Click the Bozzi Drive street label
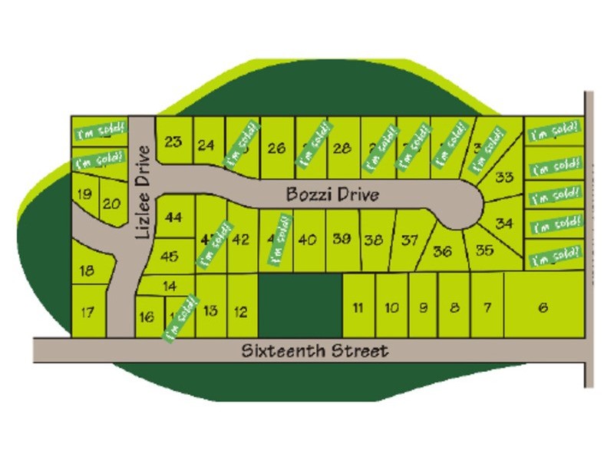(x=332, y=194)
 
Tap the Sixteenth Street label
(x=315, y=351)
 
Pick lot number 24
(x=206, y=144)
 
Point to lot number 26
(x=276, y=148)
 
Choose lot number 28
(x=343, y=148)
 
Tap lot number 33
(x=503, y=178)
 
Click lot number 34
(x=504, y=224)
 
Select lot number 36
(x=443, y=251)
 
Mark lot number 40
(x=307, y=239)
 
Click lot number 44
(x=173, y=217)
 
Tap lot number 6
(x=543, y=308)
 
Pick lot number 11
(x=358, y=308)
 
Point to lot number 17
(x=87, y=312)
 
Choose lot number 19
(x=84, y=194)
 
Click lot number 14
(x=170, y=286)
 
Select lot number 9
(x=423, y=308)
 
